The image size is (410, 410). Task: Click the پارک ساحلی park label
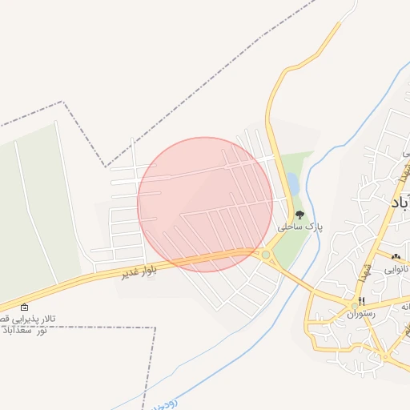pos(299,227)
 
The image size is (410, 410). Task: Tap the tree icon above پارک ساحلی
pos(299,215)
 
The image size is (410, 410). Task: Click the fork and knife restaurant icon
pos(362,301)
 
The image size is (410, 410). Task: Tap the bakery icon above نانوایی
pos(396,256)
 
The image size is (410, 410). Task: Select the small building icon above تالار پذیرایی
pos(24,307)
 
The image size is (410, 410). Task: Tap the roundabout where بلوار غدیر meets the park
pos(266,255)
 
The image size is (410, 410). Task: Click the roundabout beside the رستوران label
pos(355,306)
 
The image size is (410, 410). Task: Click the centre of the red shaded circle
pos(205,204)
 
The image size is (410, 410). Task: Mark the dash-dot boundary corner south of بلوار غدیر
pos(155,328)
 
